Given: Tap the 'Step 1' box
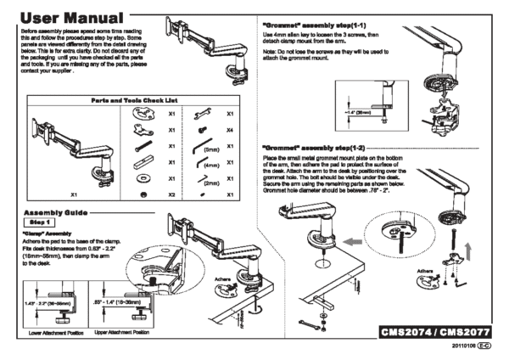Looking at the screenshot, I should tap(34, 222).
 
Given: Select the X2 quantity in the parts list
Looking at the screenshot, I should tap(172, 195).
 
